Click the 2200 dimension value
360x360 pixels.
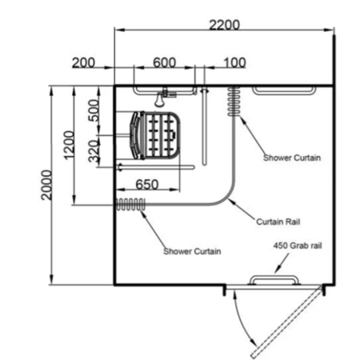tap(224, 25)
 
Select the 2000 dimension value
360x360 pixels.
tap(46, 185)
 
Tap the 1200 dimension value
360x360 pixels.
tap(69, 145)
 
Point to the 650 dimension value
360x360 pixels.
tap(147, 184)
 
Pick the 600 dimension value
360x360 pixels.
tap(164, 62)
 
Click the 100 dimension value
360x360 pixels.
tap(234, 62)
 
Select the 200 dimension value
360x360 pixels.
tap(83, 62)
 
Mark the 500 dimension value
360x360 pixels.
tap(94, 110)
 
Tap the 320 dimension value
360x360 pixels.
tap(94, 151)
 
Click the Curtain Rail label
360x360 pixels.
tap(278, 222)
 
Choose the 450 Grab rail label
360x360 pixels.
tap(298, 246)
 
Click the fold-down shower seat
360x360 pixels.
tap(155, 135)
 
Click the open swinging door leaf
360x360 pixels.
tap(286, 322)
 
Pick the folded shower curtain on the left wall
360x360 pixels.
tap(130, 205)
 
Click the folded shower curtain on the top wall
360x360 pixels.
tap(234, 102)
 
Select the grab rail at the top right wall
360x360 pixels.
tap(284, 90)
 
